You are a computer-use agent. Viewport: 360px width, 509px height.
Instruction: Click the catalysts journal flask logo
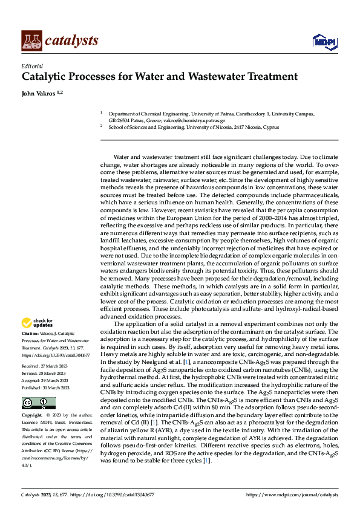coord(31,41)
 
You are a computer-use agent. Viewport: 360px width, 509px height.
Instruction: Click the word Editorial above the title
coord(31,66)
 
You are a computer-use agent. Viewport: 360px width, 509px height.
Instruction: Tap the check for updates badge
coord(37,323)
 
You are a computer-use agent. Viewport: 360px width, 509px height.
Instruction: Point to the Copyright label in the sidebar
coord(32,416)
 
